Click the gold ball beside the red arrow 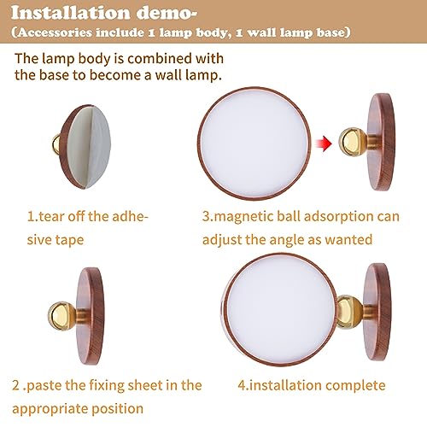click(350, 142)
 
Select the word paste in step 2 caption click(47, 386)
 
